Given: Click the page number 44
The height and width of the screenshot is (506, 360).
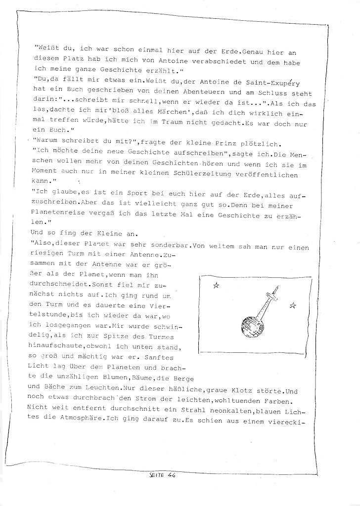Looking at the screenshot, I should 172,477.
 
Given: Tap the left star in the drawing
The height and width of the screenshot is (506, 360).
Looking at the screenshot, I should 216,285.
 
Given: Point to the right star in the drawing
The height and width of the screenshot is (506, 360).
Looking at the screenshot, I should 292,306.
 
